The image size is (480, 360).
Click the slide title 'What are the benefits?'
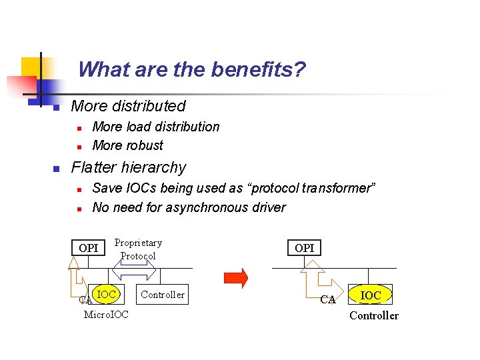192,69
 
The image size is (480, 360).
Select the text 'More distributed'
128,106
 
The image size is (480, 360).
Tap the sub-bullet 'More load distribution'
155,127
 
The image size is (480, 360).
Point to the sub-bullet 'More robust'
127,145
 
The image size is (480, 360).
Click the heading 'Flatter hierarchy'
129,167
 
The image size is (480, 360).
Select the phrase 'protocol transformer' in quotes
311,189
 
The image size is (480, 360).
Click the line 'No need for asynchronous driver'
189,207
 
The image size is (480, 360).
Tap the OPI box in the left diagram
88,248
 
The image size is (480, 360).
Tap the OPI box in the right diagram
304,248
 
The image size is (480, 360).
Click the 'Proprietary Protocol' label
138,249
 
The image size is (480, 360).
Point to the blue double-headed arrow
137,269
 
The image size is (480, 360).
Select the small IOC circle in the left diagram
106,294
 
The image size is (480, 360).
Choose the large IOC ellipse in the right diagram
371,295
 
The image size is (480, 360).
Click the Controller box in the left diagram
163,295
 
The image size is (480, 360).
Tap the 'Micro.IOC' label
106,314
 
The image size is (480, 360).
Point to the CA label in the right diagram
327,300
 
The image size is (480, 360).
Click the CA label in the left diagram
85,301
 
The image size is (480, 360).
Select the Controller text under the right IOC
373,315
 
